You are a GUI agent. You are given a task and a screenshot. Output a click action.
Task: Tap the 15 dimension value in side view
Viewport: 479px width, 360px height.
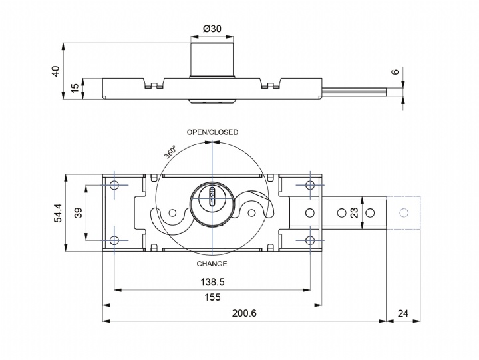click(x=75, y=87)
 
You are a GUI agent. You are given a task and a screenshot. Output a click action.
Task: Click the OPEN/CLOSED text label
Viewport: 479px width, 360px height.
click(x=212, y=132)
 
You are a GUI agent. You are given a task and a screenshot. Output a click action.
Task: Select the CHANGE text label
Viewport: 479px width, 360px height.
click(x=212, y=264)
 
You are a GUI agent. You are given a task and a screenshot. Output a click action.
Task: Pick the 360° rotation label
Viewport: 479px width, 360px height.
click(x=170, y=152)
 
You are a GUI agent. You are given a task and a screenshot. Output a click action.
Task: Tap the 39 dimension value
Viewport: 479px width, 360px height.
click(x=77, y=213)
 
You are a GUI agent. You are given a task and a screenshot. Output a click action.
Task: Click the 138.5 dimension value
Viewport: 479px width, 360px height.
click(x=212, y=282)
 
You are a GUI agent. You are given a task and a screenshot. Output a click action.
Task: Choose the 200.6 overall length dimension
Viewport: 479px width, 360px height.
click(x=244, y=313)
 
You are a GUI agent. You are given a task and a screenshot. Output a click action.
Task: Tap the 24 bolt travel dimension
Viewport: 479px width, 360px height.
click(x=403, y=313)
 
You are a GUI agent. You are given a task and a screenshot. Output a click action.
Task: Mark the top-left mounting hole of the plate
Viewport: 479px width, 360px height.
click(x=114, y=185)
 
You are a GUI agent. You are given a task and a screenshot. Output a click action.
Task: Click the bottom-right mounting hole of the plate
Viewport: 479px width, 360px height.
click(x=309, y=240)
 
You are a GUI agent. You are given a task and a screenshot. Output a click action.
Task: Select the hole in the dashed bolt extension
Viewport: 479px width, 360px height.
click(x=402, y=213)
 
